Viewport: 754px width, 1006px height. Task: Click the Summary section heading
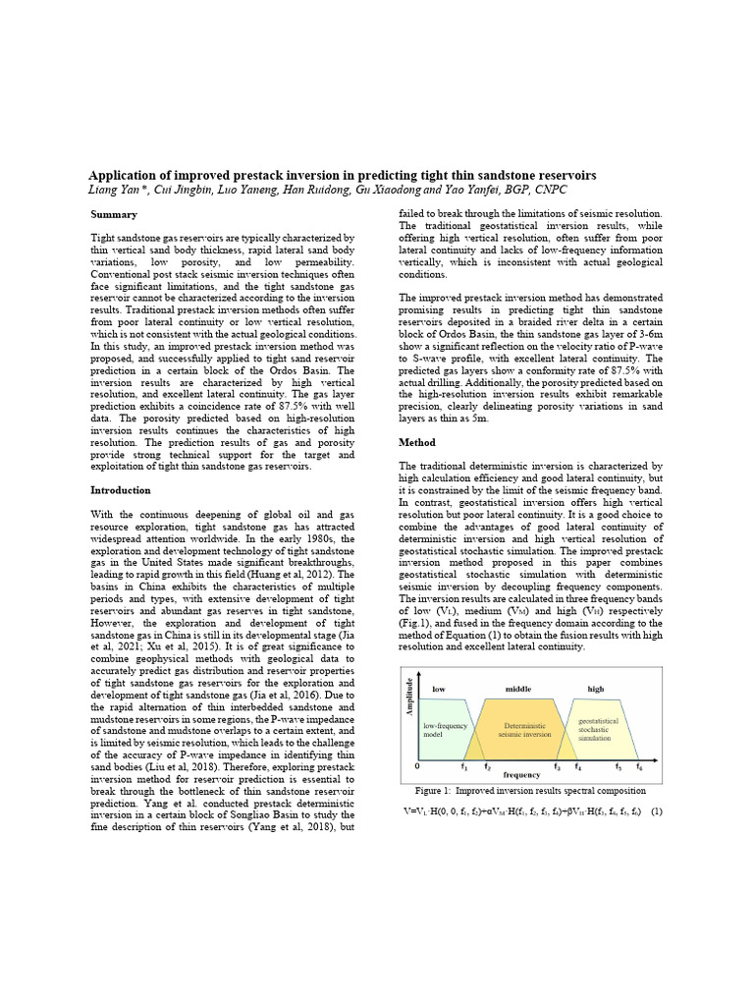pyautogui.click(x=114, y=214)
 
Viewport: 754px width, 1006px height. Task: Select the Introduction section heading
pyautogui.click(x=121, y=489)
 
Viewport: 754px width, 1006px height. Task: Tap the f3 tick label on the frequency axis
pyautogui.click(x=557, y=766)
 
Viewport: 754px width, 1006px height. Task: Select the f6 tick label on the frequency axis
pyautogui.click(x=639, y=766)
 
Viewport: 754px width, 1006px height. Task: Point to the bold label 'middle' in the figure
pyautogui.click(x=517, y=690)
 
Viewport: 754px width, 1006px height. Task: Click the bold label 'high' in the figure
pyautogui.click(x=596, y=690)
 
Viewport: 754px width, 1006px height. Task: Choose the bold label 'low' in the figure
pyautogui.click(x=439, y=690)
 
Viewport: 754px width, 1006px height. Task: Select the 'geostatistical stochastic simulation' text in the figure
pyautogui.click(x=598, y=728)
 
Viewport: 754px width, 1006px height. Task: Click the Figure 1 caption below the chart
pyautogui.click(x=530, y=790)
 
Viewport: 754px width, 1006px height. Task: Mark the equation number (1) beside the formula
pyautogui.click(x=657, y=811)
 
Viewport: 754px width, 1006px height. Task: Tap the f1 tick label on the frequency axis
pyautogui.click(x=464, y=766)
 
